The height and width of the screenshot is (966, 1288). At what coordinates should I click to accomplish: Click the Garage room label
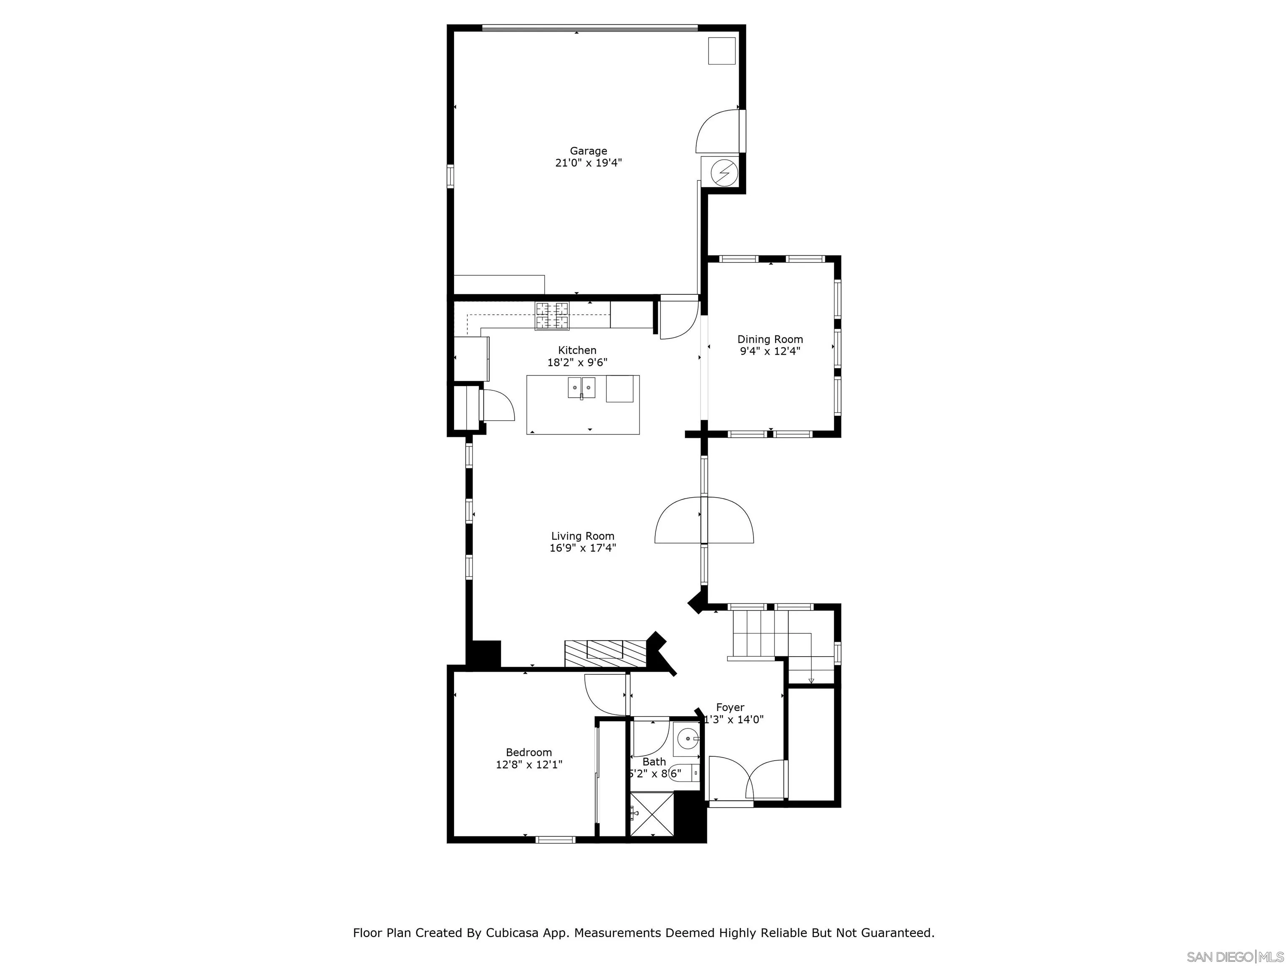(588, 151)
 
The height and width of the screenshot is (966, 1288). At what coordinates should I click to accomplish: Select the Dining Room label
(770, 339)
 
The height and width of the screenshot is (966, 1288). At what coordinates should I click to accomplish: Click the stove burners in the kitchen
(552, 316)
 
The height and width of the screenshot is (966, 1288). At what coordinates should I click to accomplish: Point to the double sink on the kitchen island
(582, 388)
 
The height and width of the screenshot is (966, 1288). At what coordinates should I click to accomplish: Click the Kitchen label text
(577, 350)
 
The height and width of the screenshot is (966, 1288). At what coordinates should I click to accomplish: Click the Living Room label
(582, 536)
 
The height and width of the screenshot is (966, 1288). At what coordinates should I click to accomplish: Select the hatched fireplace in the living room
(605, 653)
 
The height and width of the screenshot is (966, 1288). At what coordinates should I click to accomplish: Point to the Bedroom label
(528, 752)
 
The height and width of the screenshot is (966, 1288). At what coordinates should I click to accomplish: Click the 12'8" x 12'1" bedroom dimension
(528, 764)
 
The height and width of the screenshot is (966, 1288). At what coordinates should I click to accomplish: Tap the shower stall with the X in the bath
(652, 814)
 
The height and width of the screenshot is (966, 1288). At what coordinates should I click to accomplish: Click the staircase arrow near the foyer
(810, 680)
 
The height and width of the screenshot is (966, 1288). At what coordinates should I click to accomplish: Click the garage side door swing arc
(717, 131)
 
